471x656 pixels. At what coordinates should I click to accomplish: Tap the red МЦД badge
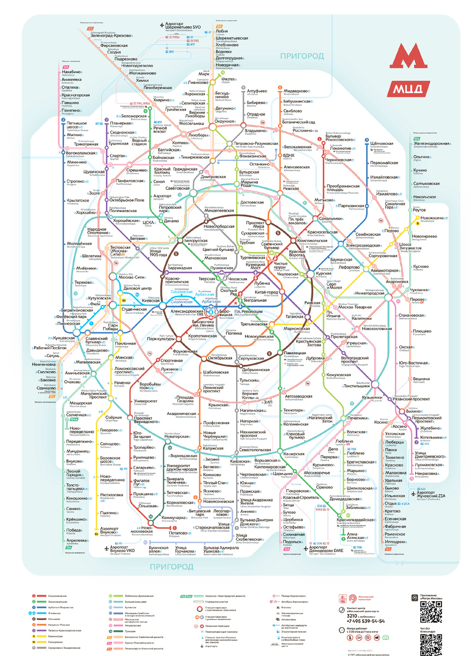point(405,88)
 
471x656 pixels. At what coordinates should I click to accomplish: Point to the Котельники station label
point(429,437)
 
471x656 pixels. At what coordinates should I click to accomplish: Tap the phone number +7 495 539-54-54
point(366,621)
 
